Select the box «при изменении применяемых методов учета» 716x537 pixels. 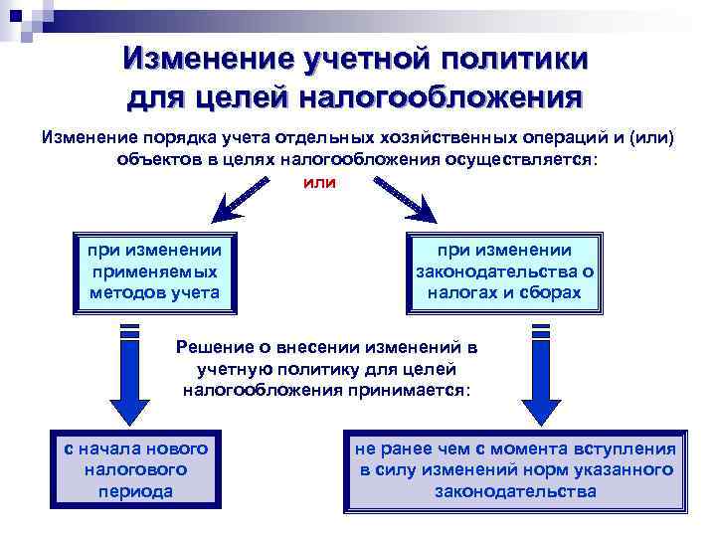[x=154, y=270]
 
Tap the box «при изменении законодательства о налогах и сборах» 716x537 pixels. [x=503, y=270]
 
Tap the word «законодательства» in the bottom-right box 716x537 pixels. [x=516, y=491]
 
